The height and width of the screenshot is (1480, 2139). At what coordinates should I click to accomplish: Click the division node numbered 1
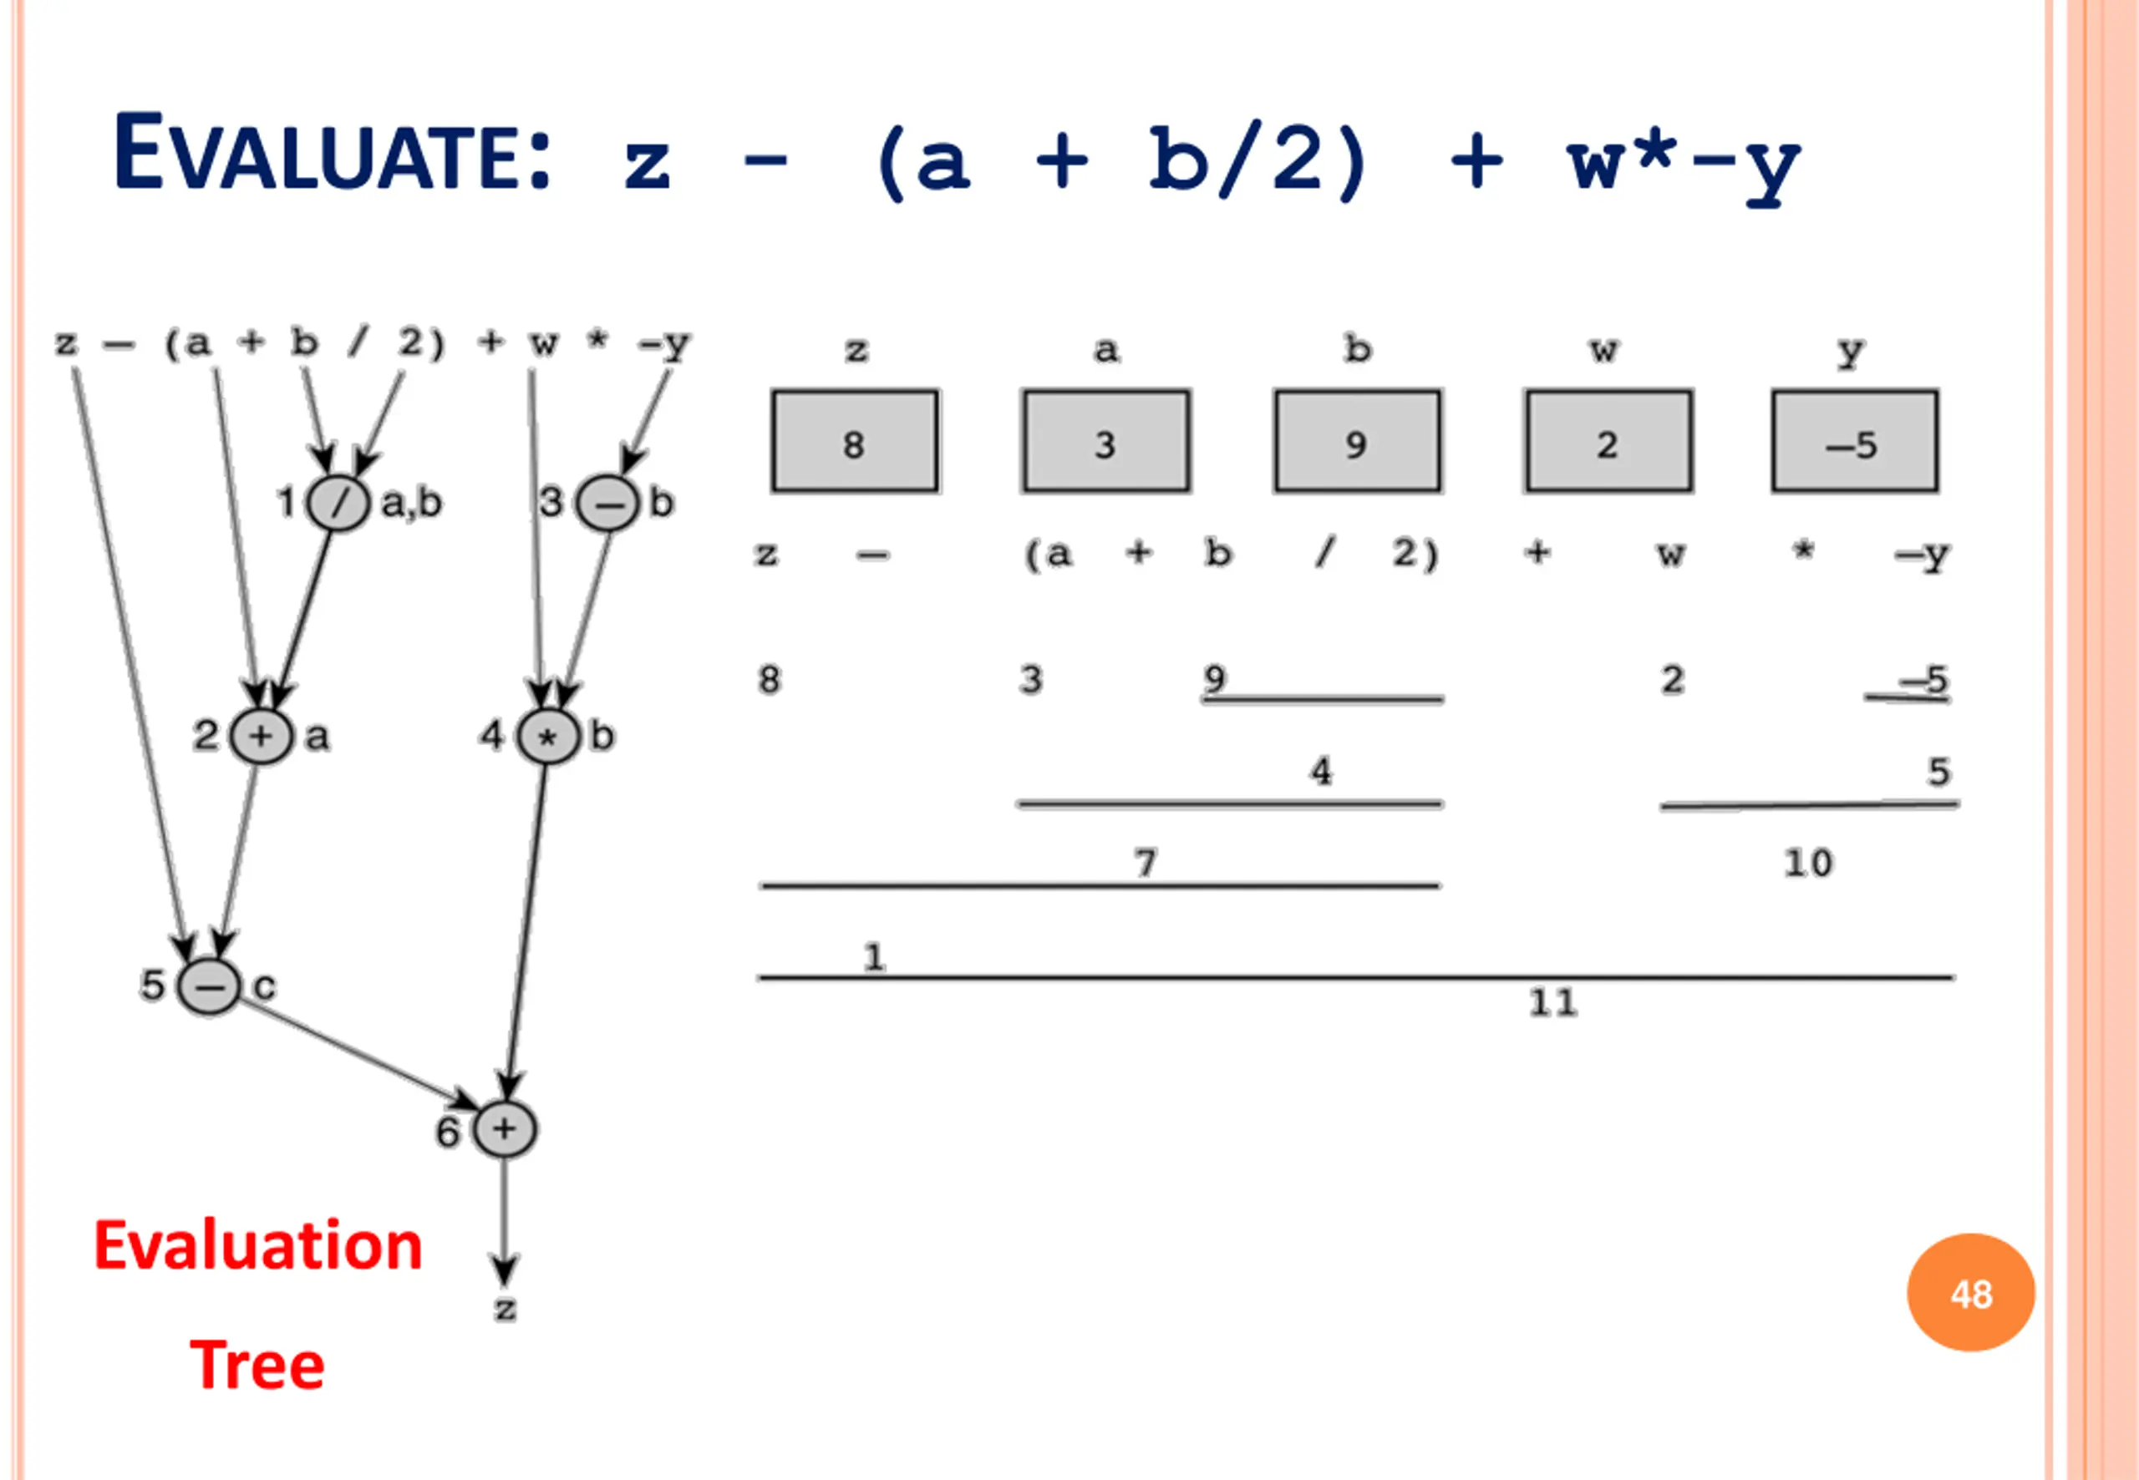pyautogui.click(x=338, y=504)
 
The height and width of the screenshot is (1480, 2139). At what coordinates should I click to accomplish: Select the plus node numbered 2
pyautogui.click(x=261, y=737)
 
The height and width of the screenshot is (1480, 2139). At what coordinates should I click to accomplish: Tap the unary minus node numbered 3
pyautogui.click(x=607, y=504)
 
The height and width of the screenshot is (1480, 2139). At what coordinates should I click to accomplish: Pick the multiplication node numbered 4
pyautogui.click(x=547, y=737)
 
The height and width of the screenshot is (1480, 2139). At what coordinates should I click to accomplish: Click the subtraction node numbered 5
pyautogui.click(x=209, y=986)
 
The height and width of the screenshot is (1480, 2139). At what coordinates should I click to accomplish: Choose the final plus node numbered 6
pyautogui.click(x=505, y=1129)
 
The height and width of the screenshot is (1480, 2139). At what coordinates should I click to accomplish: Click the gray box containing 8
pyautogui.click(x=854, y=441)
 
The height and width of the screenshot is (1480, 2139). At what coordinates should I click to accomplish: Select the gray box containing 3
pyautogui.click(x=1105, y=441)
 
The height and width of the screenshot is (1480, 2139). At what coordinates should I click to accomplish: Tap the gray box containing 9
pyautogui.click(x=1357, y=441)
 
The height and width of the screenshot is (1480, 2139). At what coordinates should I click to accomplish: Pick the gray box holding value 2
pyautogui.click(x=1608, y=441)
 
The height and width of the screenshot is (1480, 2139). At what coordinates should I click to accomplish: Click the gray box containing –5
pyautogui.click(x=1854, y=441)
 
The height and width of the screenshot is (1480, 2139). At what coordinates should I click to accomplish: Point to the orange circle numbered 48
pyautogui.click(x=1970, y=1292)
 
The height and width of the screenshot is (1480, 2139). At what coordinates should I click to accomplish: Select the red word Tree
pyautogui.click(x=257, y=1365)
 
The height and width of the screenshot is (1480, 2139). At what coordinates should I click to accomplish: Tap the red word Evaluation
pyautogui.click(x=258, y=1245)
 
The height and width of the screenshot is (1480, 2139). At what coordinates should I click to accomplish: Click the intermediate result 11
pyautogui.click(x=1552, y=1002)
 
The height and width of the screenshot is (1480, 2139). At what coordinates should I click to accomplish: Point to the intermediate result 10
pyautogui.click(x=1808, y=864)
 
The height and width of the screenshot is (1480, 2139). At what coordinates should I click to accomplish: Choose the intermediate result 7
pyautogui.click(x=1146, y=864)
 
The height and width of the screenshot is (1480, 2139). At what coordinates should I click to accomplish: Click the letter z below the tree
pyautogui.click(x=505, y=1309)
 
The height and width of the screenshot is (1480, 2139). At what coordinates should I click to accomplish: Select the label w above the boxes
pyautogui.click(x=1603, y=351)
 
